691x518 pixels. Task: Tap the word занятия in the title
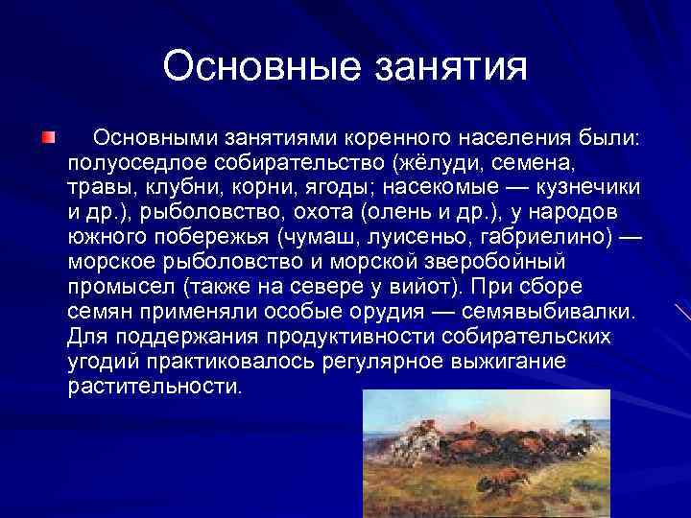coord(448,67)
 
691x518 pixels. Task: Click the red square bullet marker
coord(47,138)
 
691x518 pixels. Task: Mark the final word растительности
coord(155,386)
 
